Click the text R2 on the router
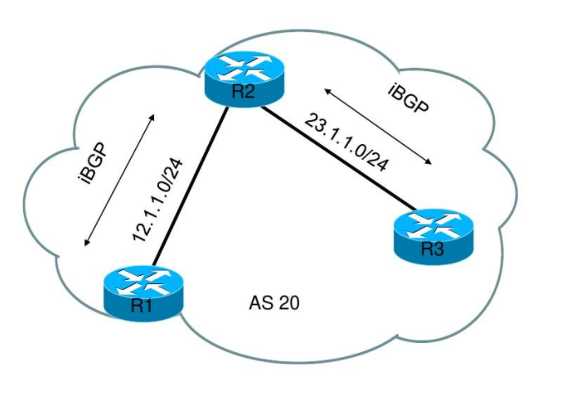tap(243, 92)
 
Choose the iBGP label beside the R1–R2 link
tap(97, 167)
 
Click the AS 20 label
tap(274, 304)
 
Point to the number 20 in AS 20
tap(286, 304)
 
